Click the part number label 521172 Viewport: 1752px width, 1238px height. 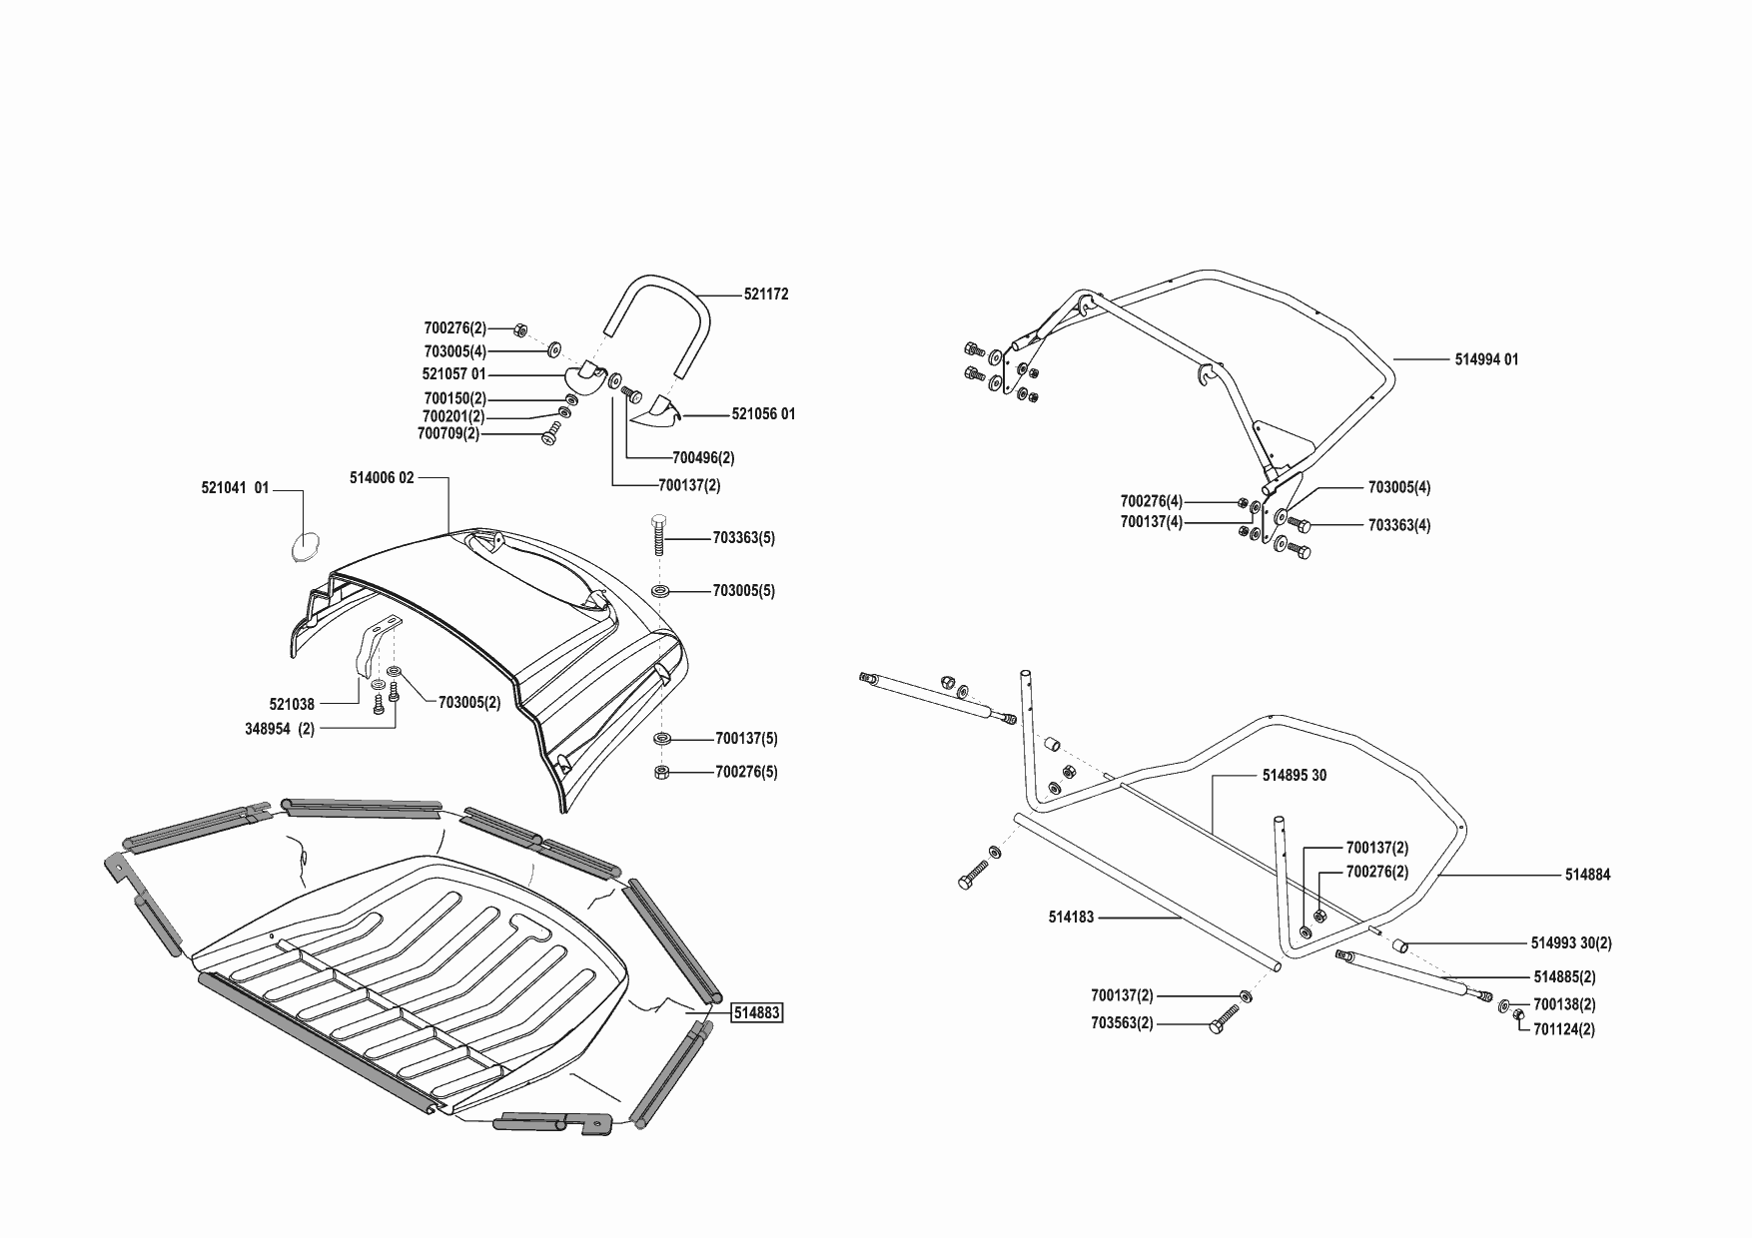coord(766,295)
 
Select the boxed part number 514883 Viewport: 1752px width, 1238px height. coord(757,1013)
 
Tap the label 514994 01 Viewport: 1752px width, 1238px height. coord(1486,359)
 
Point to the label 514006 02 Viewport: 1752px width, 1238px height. coord(382,478)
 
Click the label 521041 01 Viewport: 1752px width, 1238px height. coord(235,488)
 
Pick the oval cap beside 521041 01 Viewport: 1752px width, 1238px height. coord(304,547)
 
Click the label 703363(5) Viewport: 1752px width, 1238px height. coord(743,538)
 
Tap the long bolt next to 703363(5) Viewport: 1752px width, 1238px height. coord(659,539)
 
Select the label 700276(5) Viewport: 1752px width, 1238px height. coord(746,772)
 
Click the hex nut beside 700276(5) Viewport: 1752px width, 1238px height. coord(661,772)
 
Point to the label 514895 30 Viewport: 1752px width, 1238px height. coord(1295,776)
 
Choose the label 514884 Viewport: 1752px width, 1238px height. coord(1587,875)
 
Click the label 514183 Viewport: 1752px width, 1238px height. coord(1071,917)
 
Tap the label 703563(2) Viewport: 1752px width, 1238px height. coord(1122,1023)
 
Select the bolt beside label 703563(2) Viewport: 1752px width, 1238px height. coord(1224,1019)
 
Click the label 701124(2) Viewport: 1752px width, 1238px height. coord(1563,1029)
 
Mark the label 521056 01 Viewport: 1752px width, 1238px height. coord(763,414)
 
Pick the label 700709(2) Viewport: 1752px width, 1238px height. coord(448,434)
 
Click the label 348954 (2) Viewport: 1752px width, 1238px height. coord(280,729)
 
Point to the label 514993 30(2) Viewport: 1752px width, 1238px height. coord(1571,942)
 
